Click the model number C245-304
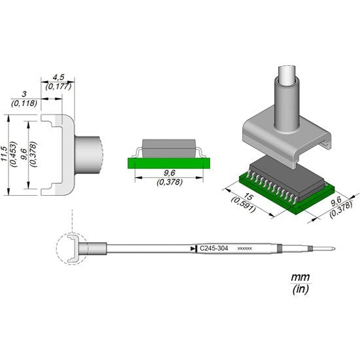click(x=215, y=249)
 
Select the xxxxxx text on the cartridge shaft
click(x=244, y=249)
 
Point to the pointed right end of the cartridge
click(x=335, y=249)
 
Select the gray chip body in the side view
click(x=169, y=147)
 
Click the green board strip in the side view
click(x=169, y=162)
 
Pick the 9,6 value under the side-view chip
click(x=169, y=174)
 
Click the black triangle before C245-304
click(x=192, y=249)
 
